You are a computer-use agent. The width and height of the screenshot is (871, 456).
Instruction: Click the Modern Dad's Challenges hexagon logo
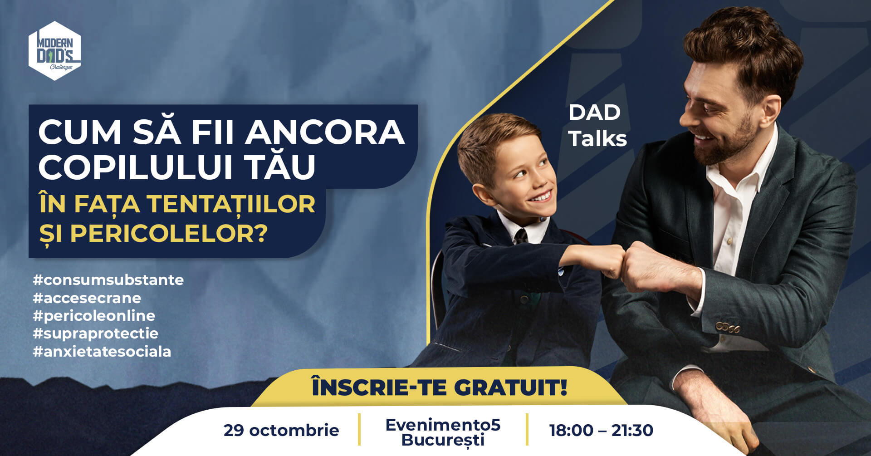pos(55,51)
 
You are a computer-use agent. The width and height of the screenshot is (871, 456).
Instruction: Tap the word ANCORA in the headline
pos(325,132)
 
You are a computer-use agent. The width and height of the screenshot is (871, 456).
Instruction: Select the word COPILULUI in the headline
pos(136,167)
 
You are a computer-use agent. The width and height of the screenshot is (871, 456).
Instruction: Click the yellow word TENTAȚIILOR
pos(231,204)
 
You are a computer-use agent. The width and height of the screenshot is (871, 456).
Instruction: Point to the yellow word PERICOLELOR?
pos(168,233)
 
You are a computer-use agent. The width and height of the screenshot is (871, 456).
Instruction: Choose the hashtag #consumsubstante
pos(108,280)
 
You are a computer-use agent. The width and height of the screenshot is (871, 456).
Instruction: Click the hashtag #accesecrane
pos(87,298)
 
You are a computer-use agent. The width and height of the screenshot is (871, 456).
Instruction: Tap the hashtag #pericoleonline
pos(94,316)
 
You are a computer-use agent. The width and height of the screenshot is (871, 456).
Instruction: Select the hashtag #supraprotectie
pos(95,334)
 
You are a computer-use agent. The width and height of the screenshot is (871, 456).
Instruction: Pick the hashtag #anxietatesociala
pos(102,352)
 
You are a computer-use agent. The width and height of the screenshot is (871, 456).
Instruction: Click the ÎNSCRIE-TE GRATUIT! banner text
pos(439,387)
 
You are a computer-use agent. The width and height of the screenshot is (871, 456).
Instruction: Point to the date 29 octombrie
pos(281,430)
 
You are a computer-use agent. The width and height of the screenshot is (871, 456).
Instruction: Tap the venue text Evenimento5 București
pos(443,432)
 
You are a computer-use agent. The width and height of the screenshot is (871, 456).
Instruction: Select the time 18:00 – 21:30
pos(601,430)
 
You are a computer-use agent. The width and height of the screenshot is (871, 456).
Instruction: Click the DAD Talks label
pos(597,126)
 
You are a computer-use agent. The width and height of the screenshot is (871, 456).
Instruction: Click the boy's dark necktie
pos(520,237)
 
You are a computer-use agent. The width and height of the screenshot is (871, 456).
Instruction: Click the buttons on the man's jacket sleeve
pos(728,327)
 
